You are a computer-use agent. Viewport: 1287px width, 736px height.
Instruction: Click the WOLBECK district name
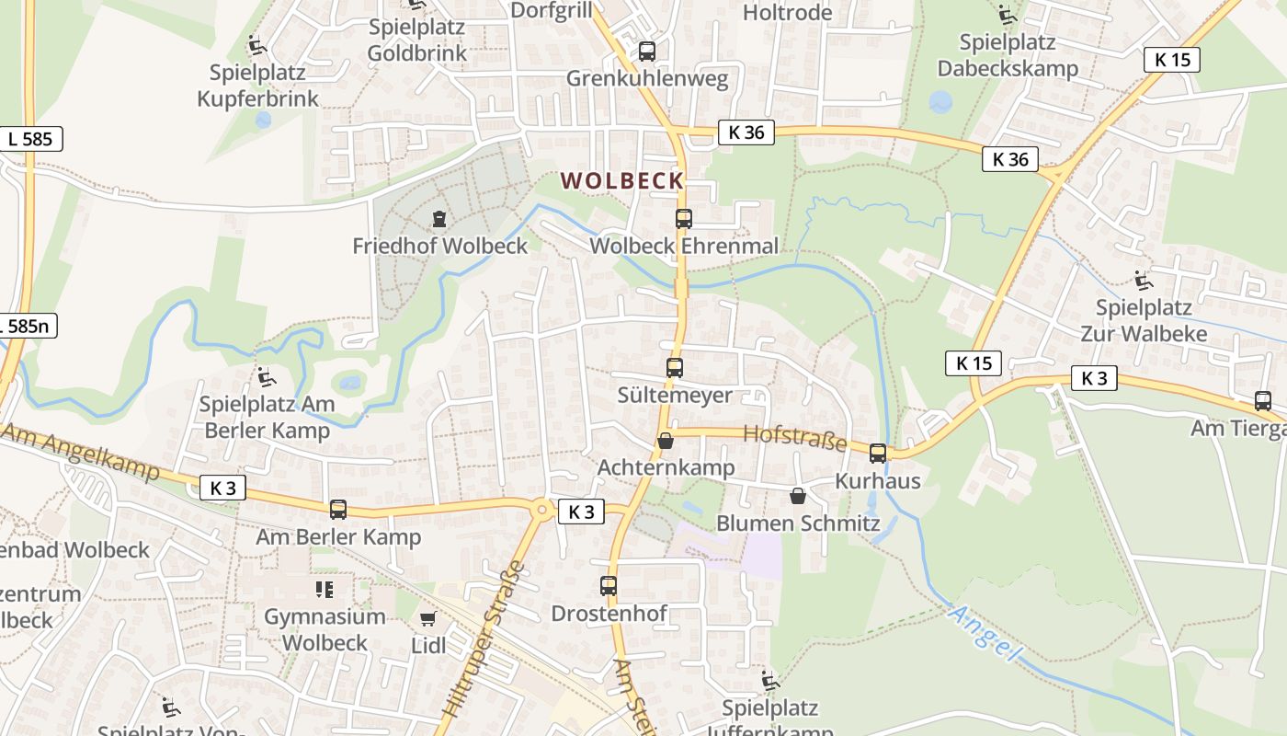pos(622,181)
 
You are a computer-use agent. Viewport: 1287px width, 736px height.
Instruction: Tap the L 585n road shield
pos(28,326)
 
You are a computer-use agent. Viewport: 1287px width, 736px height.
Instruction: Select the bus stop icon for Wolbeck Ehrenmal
pos(683,219)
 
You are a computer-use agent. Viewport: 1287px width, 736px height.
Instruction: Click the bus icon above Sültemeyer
pos(675,368)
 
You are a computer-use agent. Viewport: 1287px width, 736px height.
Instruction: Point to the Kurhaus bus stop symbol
pos(878,453)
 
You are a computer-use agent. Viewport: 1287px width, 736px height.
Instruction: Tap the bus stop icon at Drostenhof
pos(609,585)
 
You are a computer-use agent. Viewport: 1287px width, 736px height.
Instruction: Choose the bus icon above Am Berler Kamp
pos(338,509)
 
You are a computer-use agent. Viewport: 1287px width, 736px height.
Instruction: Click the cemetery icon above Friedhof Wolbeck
pos(439,219)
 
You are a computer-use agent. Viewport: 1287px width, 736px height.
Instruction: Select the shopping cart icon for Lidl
pos(427,619)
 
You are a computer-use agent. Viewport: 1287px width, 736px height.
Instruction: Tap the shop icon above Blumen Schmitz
pos(797,496)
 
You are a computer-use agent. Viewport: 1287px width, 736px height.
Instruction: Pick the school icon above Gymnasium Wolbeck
pos(324,589)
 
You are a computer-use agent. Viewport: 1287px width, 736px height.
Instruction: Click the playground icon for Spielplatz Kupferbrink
pos(256,44)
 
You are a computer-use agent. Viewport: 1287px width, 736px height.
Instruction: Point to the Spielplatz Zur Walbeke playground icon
pos(1143,280)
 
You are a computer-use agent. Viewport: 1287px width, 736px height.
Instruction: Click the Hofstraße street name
pos(794,438)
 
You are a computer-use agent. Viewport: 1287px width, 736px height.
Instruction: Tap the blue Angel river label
pos(984,633)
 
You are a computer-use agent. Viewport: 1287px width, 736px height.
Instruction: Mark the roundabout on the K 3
pos(542,509)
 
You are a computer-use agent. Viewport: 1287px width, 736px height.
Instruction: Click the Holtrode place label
pos(787,13)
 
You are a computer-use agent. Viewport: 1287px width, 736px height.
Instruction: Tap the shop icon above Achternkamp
pos(665,442)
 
